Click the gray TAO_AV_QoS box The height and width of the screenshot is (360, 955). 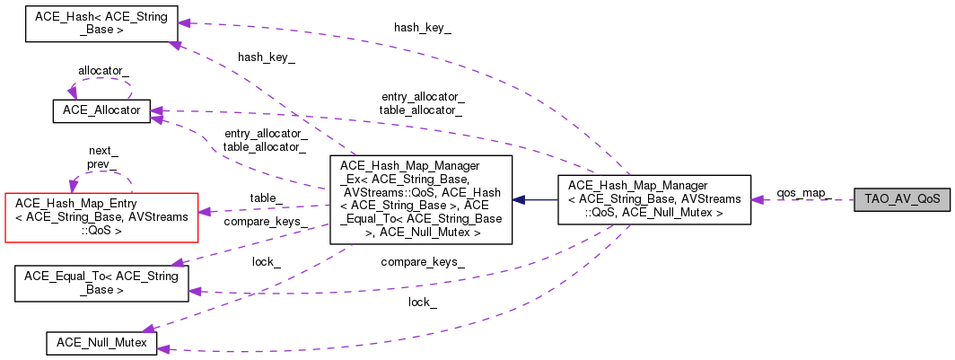point(902,198)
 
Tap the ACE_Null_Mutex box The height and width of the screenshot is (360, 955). point(101,342)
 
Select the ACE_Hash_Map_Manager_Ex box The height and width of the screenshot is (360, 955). point(421,199)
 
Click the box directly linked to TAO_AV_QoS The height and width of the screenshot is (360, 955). point(654,199)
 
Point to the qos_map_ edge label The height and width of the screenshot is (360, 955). point(802,193)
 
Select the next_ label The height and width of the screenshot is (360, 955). point(103,152)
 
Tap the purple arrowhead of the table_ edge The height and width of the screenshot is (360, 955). point(204,212)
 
